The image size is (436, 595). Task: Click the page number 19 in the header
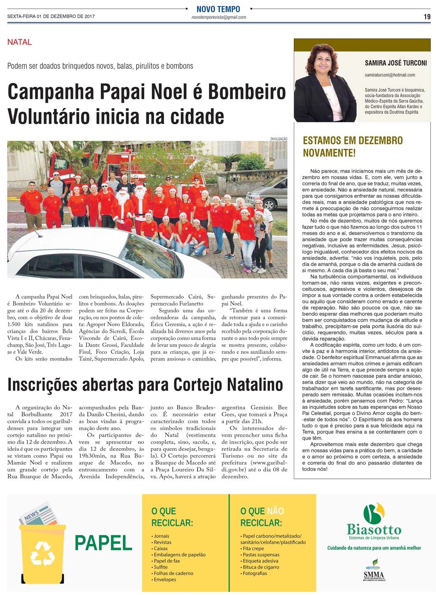[x=427, y=16]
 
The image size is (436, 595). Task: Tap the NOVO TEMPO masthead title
[x=218, y=9]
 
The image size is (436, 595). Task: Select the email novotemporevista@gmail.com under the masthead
[x=219, y=17]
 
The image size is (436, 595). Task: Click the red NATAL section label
[x=19, y=42]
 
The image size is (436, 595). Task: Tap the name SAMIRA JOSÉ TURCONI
[x=396, y=63]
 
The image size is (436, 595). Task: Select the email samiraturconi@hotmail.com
[x=390, y=75]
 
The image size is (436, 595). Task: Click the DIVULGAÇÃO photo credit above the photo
[x=279, y=139]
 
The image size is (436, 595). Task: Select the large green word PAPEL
[x=103, y=543]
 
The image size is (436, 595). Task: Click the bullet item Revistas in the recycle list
[x=162, y=542]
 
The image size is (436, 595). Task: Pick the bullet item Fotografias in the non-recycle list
[x=255, y=573]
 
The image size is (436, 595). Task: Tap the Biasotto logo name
[x=374, y=529]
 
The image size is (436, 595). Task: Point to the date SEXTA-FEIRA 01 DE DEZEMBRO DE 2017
[x=51, y=16]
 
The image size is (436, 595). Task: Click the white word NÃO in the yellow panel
[x=275, y=511]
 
